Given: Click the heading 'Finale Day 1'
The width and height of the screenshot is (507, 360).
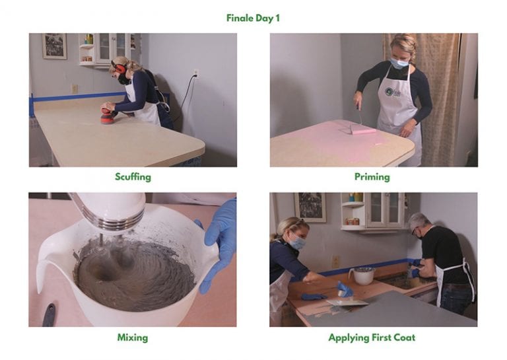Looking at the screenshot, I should (253, 18).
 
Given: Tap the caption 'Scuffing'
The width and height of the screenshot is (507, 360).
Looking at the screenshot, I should (133, 177).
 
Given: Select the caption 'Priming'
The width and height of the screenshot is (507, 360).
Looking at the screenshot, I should (372, 177).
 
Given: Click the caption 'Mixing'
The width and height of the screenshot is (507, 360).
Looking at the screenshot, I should (133, 338).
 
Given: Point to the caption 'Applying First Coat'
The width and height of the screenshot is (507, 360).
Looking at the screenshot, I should (372, 338).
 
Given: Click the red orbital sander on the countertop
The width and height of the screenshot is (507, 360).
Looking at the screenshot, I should (106, 116).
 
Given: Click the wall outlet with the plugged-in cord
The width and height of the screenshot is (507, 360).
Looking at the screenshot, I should (196, 73).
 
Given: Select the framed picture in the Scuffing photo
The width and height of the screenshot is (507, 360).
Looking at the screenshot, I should (54, 46).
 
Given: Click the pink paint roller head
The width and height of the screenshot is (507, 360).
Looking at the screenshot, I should (363, 131).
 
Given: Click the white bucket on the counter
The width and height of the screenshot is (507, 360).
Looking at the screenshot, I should (363, 275).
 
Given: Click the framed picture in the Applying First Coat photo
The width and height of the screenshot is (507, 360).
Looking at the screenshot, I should (310, 207).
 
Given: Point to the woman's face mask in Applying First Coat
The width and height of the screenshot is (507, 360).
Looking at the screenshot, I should (297, 243).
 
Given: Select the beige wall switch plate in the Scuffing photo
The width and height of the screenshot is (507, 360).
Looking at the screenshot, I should (75, 89).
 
